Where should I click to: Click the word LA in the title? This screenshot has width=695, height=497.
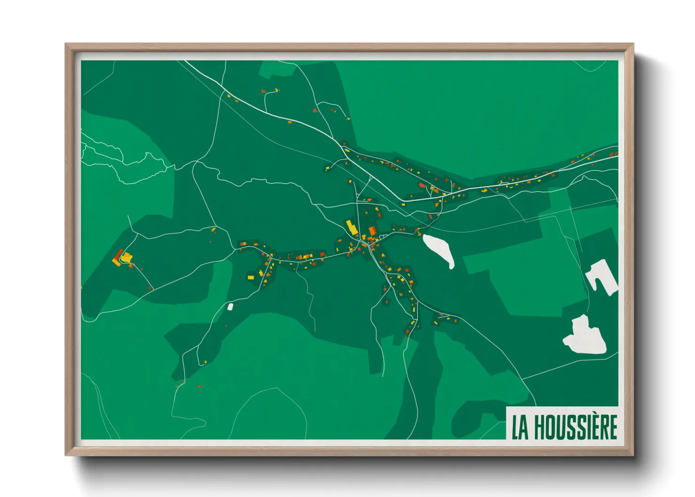(520, 427)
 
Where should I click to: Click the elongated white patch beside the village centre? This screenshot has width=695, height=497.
(439, 249)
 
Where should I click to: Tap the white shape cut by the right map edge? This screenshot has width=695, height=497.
(603, 277)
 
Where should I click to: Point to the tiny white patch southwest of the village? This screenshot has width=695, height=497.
(230, 307)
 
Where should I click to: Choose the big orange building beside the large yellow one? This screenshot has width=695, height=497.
(372, 231)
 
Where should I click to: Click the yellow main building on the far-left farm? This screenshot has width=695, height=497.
(127, 257)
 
